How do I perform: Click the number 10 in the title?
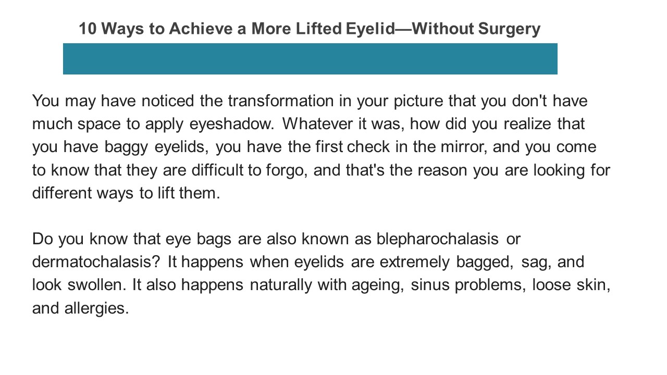[x=88, y=29]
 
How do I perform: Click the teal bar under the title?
[x=310, y=59]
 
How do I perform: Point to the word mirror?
[x=462, y=147]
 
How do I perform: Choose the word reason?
[x=443, y=170]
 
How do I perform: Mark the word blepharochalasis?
[x=438, y=239]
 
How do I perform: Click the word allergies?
[x=96, y=308]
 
